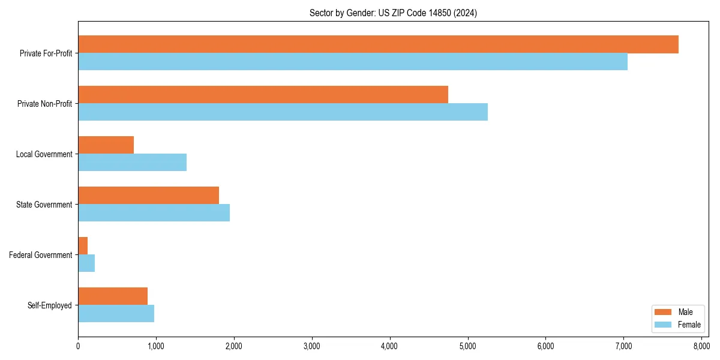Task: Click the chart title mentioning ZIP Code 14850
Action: tap(393, 13)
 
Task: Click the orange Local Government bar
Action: tap(106, 145)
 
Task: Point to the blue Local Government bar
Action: tap(132, 163)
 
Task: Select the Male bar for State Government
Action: tap(148, 196)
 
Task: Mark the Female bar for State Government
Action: tap(154, 213)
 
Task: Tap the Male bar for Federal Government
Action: tap(83, 246)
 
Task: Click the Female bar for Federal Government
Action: tap(86, 263)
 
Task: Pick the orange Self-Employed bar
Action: tap(113, 296)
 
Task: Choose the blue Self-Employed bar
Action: tap(116, 314)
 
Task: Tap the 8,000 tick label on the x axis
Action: tap(701, 346)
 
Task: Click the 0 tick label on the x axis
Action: tap(78, 346)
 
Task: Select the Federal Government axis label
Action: tap(41, 255)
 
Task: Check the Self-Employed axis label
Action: tap(50, 305)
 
